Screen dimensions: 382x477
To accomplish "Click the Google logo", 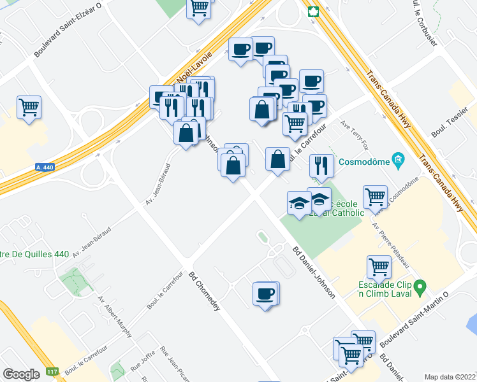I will coord(22,374).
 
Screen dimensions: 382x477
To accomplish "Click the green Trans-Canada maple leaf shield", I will coord(313,11).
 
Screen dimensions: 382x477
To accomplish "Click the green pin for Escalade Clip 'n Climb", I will coord(420,288).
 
